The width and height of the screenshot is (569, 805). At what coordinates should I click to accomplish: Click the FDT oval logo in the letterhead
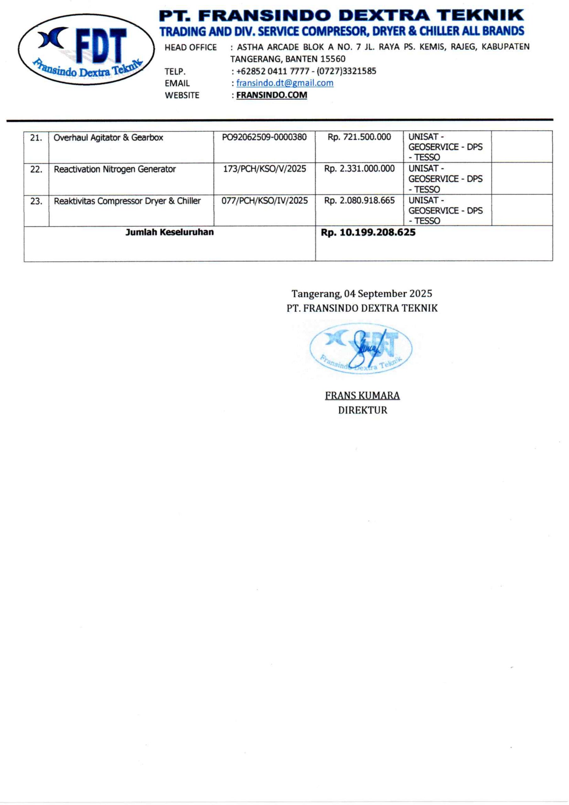[x=86, y=49]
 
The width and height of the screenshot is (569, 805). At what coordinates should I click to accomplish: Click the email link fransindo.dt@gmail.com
[x=285, y=83]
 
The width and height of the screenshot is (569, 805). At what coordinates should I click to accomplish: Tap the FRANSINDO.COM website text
[x=271, y=95]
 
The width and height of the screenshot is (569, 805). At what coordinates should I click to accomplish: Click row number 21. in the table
[x=36, y=138]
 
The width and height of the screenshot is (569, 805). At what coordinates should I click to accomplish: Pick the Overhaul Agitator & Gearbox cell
[x=108, y=137]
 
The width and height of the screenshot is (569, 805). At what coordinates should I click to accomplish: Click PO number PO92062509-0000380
[x=264, y=137]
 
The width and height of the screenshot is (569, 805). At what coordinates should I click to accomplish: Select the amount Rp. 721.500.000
[x=359, y=137]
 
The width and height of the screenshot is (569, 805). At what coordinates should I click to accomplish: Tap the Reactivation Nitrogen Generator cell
[x=115, y=169]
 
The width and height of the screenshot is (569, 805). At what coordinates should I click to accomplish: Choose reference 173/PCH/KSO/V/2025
[x=265, y=169]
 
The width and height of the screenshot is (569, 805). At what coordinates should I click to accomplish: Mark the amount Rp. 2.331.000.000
[x=359, y=169]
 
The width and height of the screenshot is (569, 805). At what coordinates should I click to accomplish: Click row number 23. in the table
[x=36, y=202]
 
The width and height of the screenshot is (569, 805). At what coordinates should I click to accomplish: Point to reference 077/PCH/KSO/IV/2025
[x=265, y=201]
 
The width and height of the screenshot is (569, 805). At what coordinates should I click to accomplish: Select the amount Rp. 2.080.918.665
[x=359, y=201]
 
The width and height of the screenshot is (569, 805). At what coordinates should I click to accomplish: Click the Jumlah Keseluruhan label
[x=170, y=232]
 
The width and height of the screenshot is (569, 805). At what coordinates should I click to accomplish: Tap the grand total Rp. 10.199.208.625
[x=368, y=232]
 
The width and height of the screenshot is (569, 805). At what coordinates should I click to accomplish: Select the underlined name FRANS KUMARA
[x=362, y=396]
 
